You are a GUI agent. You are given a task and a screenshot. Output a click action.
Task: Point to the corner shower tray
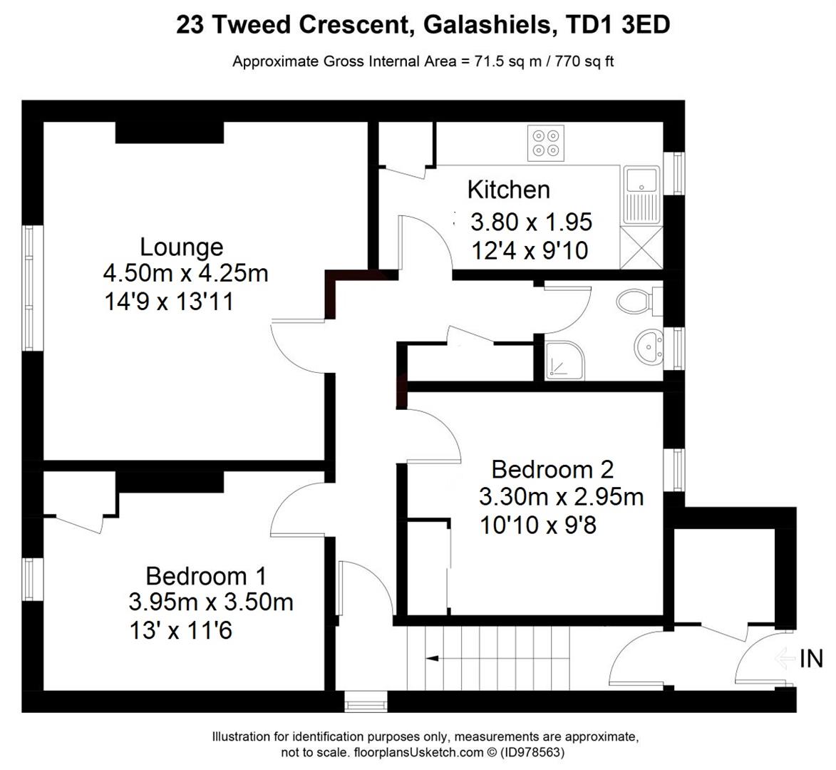pos(564,359)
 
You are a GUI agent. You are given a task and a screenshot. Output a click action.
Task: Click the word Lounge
pos(181,247)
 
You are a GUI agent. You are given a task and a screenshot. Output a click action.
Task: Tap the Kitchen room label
pos(508,190)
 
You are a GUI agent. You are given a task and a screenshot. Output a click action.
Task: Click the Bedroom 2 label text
pos(552,470)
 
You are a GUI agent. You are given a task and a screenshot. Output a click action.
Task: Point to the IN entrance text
pos(811,659)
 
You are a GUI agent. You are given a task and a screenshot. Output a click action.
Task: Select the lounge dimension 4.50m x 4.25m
pos(185,273)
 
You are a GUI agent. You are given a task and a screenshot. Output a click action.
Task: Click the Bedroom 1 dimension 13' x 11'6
pos(180,630)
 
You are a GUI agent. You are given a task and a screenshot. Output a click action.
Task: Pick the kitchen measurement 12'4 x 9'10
pos(530,250)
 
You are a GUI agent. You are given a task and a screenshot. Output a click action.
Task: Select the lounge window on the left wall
pos(29,288)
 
